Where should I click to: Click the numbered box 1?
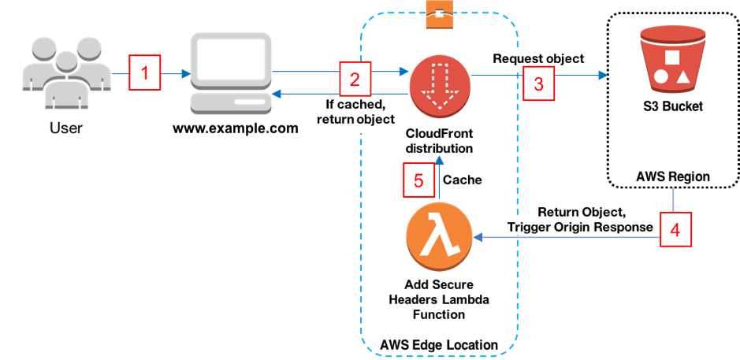point(144,75)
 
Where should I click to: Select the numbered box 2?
point(355,78)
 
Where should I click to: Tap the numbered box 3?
point(538,84)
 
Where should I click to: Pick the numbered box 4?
point(675,229)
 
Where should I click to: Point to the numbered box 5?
point(418,180)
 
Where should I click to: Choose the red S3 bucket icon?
point(673,59)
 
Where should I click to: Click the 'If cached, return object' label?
point(355,113)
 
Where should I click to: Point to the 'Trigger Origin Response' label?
point(580,227)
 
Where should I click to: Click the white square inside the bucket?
point(672,58)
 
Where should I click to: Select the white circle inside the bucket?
point(661,77)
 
